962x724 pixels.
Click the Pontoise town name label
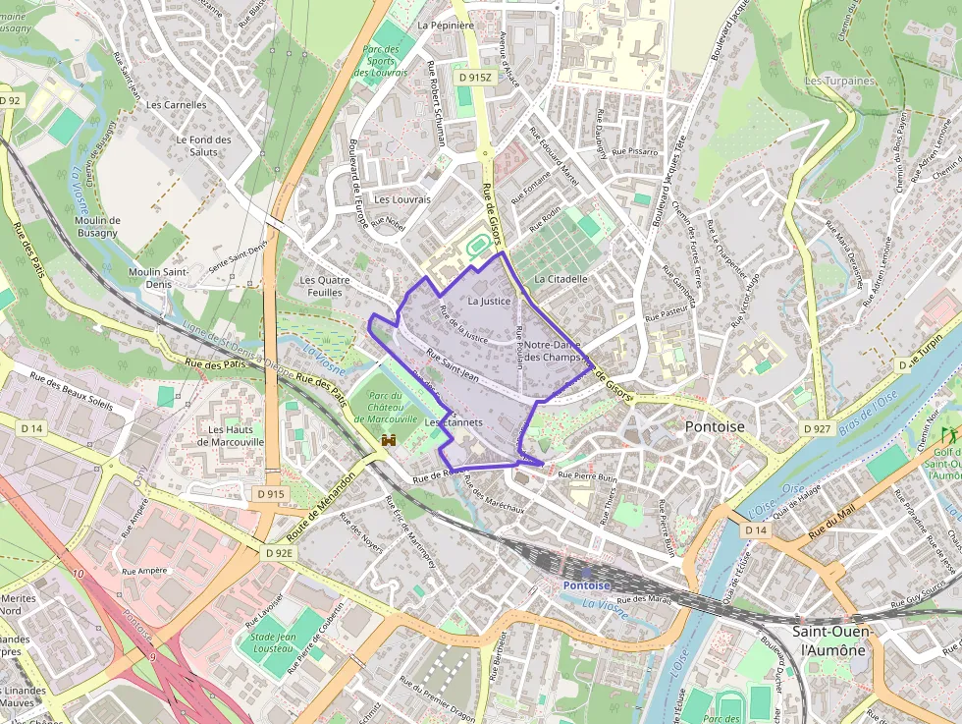(x=714, y=427)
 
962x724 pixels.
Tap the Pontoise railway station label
(x=586, y=585)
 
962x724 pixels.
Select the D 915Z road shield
(x=474, y=77)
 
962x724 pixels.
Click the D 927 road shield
(x=817, y=429)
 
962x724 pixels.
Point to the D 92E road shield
(x=280, y=553)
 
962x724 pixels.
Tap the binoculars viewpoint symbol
(x=389, y=441)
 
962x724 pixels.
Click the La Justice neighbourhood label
(x=490, y=301)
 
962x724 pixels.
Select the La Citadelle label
(x=561, y=279)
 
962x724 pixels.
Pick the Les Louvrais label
(x=402, y=198)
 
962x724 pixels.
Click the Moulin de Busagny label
(x=97, y=226)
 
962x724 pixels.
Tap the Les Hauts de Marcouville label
(x=231, y=435)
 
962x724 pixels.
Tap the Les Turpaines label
(x=838, y=81)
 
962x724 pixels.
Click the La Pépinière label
(x=446, y=26)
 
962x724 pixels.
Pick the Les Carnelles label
(x=177, y=104)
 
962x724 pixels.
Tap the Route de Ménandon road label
(x=321, y=509)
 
